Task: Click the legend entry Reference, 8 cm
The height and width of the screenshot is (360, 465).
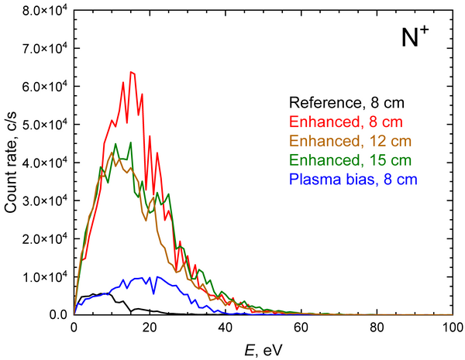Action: (346, 103)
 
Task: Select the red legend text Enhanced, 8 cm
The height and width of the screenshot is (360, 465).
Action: (346, 122)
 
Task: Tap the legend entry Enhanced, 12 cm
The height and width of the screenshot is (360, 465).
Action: (350, 141)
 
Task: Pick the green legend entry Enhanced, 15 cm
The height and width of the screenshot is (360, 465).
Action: (350, 160)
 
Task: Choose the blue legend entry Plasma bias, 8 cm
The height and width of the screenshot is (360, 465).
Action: (353, 180)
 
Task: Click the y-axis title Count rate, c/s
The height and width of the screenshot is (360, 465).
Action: (11, 163)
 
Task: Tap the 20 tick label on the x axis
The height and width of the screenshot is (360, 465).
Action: (150, 328)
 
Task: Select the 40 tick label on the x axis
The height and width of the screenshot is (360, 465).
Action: (226, 328)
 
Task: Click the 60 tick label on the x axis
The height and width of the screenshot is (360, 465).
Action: (301, 328)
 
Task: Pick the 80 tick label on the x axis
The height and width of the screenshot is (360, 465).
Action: (377, 328)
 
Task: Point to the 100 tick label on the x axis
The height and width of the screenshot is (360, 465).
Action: (453, 328)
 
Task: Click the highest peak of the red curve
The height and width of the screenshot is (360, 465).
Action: (131, 72)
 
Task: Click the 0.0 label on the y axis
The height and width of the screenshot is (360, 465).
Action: (59, 314)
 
